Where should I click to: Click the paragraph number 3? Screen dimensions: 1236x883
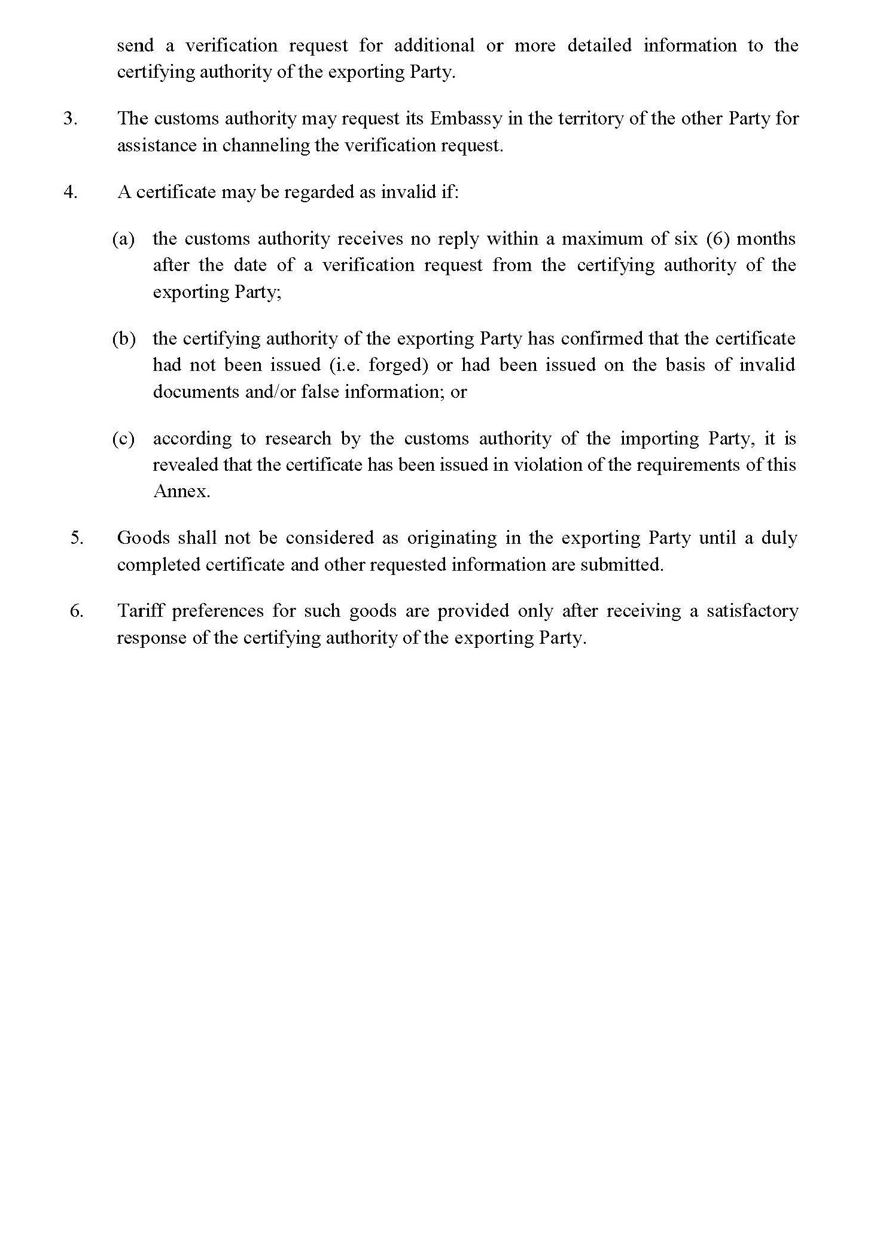[70, 118]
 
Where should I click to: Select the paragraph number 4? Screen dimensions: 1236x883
[70, 193]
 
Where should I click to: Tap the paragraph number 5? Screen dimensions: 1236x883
[77, 537]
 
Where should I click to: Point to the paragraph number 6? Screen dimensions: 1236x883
[77, 611]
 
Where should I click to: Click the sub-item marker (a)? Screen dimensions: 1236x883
[123, 239]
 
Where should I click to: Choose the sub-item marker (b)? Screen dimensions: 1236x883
[123, 339]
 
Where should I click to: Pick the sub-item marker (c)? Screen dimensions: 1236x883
[123, 439]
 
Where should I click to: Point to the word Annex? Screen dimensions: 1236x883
[181, 491]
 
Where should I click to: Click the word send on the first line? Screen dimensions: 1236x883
[135, 46]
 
